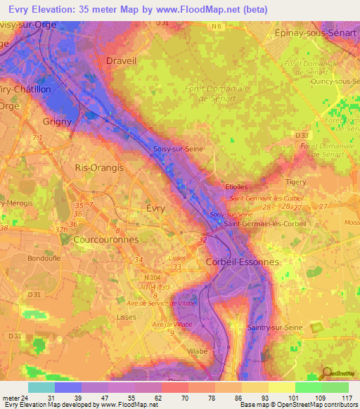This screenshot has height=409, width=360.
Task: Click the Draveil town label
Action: pos(120,60)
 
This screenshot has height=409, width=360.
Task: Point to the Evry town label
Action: pos(155,208)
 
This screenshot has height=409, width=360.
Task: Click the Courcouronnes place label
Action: pos(105,240)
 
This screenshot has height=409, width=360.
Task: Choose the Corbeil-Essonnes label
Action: pos(242,261)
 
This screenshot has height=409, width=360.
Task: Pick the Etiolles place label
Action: pos(243,187)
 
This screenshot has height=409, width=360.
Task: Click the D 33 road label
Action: pos(302,134)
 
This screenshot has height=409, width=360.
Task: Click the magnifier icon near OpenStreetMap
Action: pos(326,373)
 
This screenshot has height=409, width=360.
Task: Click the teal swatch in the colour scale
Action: pos(41,387)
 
